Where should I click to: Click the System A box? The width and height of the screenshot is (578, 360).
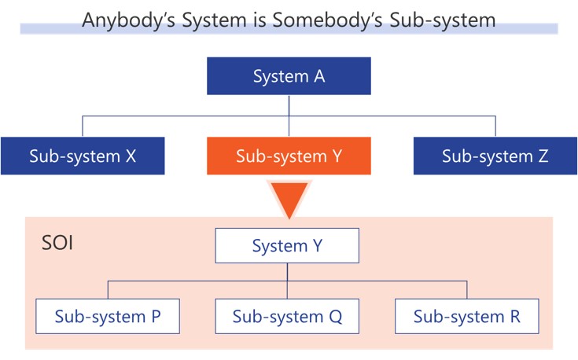point(289,76)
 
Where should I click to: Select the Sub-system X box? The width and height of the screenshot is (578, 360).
point(83,156)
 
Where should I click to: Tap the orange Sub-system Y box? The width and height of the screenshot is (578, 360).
point(289,156)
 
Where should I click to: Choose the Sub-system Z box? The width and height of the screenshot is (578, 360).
point(495,156)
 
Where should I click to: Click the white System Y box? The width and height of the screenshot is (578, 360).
point(287,246)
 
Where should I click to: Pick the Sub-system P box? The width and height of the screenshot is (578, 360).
point(108,317)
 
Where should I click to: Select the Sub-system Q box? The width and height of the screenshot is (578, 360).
point(287,317)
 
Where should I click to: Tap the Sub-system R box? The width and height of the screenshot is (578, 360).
point(467,317)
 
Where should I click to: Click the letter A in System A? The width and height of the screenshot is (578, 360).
point(319,76)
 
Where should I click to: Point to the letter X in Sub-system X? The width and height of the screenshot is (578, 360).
point(131,156)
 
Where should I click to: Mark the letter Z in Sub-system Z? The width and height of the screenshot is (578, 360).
point(543,156)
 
